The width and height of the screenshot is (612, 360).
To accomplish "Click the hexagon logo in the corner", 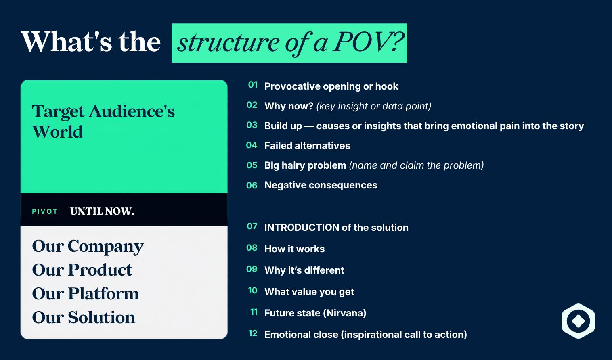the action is pos(578,321).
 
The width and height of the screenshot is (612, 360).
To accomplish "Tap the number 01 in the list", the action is pos(253,85).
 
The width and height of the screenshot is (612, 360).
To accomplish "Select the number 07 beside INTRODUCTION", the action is pos(252,226).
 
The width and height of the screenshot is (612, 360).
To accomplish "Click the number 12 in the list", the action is pos(253,333).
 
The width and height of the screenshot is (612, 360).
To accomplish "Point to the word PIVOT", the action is pos(45,211).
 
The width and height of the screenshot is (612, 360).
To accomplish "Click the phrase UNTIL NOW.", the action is pos(102,211).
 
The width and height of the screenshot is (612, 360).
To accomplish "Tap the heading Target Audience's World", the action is pos(103,121).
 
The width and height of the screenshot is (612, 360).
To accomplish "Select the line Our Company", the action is pos(88,246).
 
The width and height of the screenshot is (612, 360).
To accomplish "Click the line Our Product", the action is pos(82,270).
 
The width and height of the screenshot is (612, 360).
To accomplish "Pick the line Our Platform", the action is pos(86,294).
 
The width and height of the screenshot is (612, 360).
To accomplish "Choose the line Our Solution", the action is pos(84,317).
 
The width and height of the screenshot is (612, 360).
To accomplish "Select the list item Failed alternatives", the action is pos(307,146).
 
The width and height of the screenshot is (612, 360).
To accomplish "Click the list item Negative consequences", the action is pos(321,185).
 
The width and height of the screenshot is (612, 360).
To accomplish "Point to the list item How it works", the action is pos(295,249).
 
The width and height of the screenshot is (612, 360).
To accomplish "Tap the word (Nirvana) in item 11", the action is pos(344,313).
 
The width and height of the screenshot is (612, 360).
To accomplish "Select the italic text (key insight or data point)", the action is pos(374,106).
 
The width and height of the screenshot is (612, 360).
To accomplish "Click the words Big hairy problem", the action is pos(305,165).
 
